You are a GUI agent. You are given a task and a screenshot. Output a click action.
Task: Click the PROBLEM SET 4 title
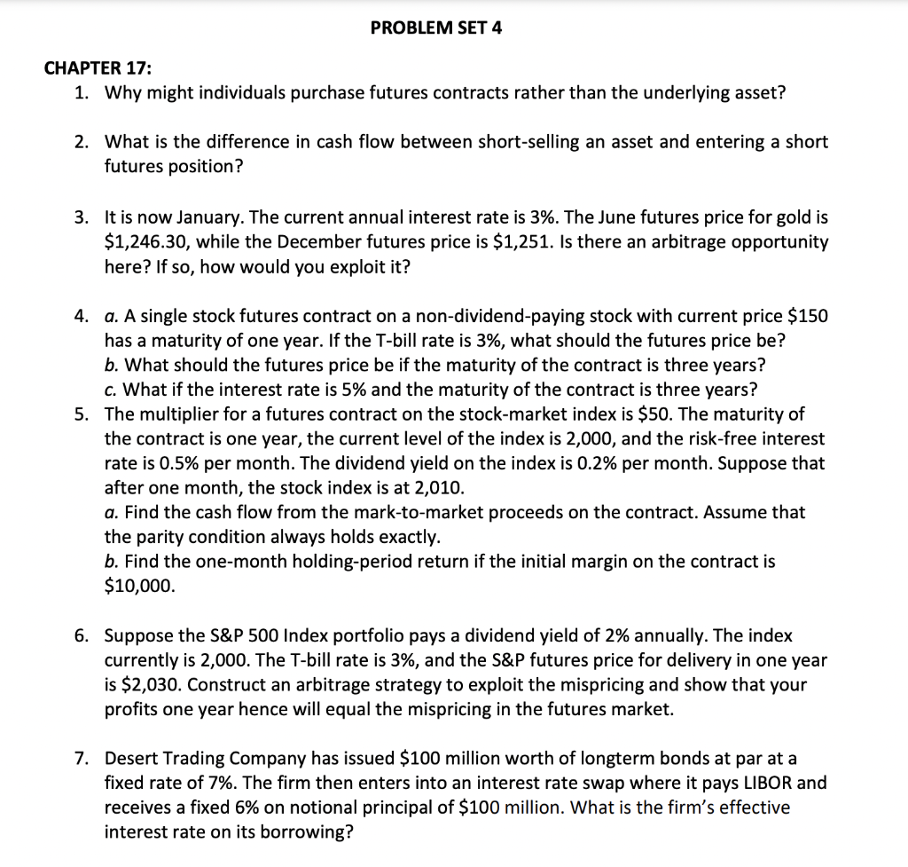[435, 28]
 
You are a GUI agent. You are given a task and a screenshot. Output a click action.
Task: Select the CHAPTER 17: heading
[98, 68]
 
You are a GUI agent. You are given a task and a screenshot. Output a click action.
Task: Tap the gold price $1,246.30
[145, 241]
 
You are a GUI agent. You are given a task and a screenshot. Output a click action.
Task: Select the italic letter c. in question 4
[111, 390]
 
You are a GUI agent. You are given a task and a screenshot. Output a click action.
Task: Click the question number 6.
[81, 635]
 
